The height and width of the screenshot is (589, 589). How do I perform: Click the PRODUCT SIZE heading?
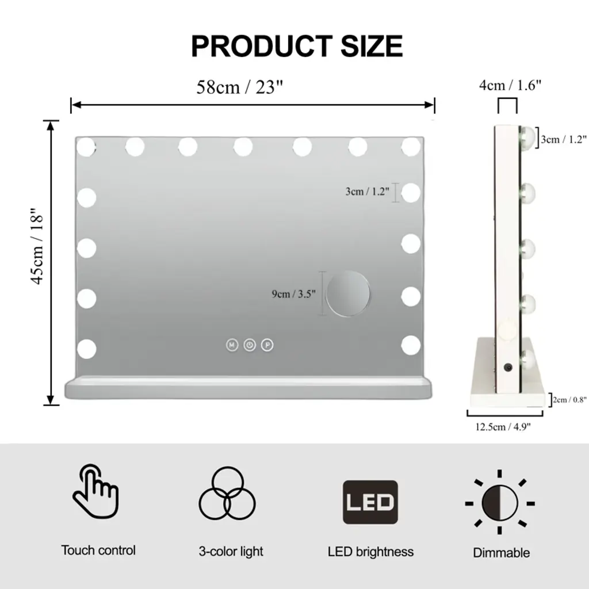[x=297, y=46]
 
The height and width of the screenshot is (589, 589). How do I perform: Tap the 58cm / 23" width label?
[x=239, y=87]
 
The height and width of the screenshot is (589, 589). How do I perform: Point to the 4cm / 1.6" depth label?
[x=510, y=85]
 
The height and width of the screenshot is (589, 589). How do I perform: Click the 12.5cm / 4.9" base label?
[x=503, y=427]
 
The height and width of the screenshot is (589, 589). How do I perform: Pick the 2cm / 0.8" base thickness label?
[x=569, y=400]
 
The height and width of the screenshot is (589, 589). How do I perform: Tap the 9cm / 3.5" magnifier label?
[x=294, y=294]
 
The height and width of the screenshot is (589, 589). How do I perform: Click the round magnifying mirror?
[x=348, y=294]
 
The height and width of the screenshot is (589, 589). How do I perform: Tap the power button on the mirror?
[x=250, y=345]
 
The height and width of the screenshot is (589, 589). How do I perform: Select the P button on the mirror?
[x=267, y=345]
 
